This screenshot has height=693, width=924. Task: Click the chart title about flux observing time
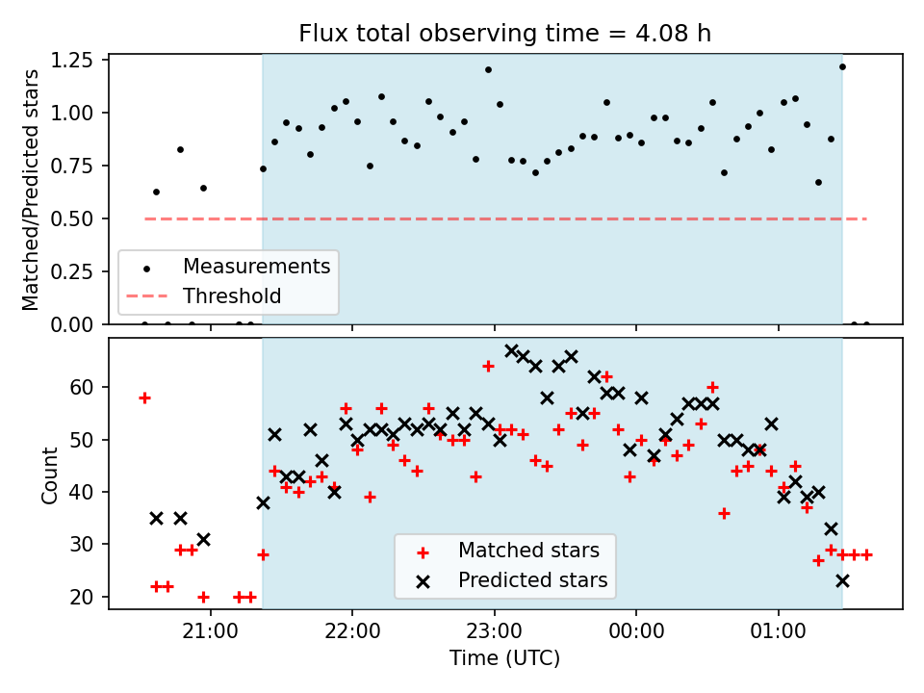click(505, 33)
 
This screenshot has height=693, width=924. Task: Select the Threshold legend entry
click(204, 295)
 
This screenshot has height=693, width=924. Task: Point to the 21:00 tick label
click(211, 631)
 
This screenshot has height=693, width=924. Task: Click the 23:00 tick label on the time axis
click(495, 631)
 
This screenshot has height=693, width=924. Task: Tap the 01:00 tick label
click(778, 631)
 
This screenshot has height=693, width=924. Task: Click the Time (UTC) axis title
click(505, 657)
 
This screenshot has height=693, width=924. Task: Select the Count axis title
click(49, 475)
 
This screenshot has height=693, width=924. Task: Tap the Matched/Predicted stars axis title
click(30, 190)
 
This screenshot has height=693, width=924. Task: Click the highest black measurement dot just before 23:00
click(488, 69)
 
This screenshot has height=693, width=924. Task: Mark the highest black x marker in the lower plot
click(511, 350)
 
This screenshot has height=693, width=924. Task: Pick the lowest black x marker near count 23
click(843, 581)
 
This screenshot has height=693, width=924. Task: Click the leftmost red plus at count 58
click(144, 398)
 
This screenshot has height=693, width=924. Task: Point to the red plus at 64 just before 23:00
click(488, 367)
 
